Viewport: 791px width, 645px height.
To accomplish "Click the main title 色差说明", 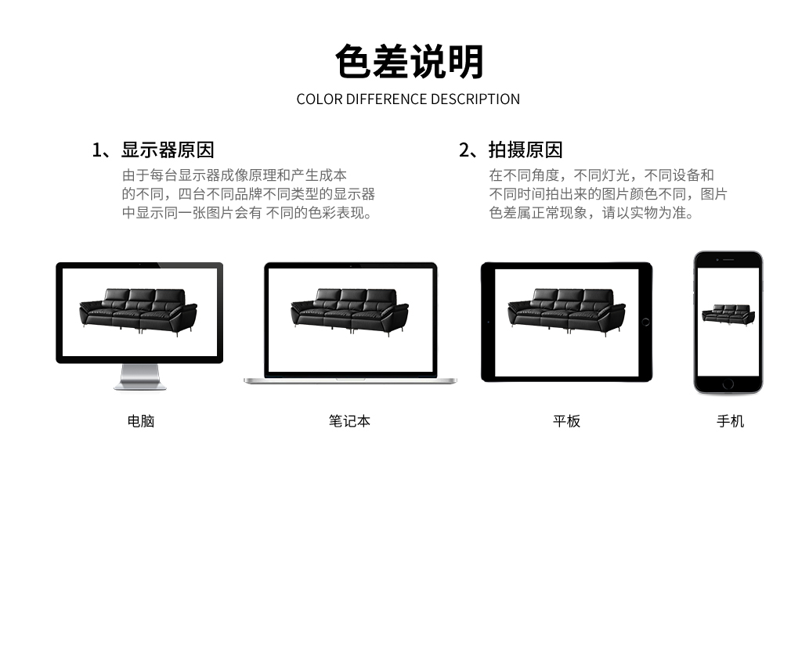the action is tap(409, 62).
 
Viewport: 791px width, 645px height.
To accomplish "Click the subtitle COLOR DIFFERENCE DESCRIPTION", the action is tap(408, 99).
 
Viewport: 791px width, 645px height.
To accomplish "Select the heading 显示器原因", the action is tap(168, 150).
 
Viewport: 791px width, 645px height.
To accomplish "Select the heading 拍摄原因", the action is tap(526, 150).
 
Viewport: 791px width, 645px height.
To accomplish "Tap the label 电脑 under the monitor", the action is tap(141, 421).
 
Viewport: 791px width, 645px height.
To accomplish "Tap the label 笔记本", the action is tap(349, 421).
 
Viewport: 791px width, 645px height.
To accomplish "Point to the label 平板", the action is tap(566, 421).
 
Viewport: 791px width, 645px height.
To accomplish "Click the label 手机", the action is tap(731, 421).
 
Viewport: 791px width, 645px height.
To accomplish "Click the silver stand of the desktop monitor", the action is tap(139, 377).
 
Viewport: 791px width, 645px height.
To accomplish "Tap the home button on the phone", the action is tap(728, 384).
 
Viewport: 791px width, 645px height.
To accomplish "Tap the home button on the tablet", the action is tap(645, 322).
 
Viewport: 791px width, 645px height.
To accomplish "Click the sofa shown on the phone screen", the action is tap(728, 315).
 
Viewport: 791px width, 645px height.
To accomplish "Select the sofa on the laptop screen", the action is tap(349, 311).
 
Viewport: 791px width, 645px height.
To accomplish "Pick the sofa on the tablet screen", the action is tap(566, 311).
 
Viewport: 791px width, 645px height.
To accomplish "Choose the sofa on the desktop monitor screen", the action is tap(138, 311).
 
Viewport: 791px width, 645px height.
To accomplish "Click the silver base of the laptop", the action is tap(350, 380).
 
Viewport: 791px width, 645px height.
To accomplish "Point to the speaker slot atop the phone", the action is tap(728, 260).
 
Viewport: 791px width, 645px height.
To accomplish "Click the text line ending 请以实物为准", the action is tap(592, 213).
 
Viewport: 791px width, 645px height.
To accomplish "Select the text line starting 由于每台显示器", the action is tap(235, 175).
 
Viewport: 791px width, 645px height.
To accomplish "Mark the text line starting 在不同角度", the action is tap(601, 175).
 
